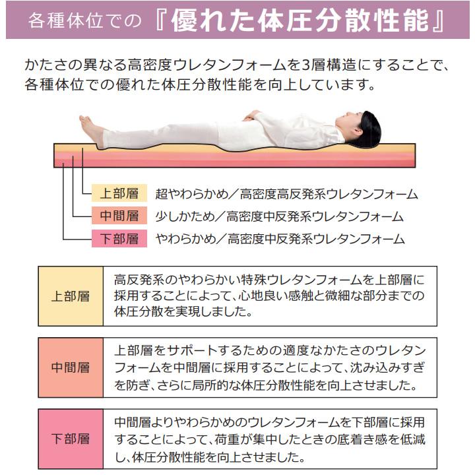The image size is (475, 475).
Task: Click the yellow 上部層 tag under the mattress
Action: coord(119,194)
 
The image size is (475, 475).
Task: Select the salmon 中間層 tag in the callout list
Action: coord(119,216)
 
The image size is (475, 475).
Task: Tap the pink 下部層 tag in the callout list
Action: coord(119,239)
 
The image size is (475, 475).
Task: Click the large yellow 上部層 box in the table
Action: coord(71,296)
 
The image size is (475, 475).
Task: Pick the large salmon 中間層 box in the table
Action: coord(71,367)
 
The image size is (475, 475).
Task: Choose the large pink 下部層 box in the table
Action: coord(71,437)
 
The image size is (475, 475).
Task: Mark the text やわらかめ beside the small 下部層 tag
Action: coord(178,239)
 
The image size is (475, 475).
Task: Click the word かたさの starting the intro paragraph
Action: coord(52,66)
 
